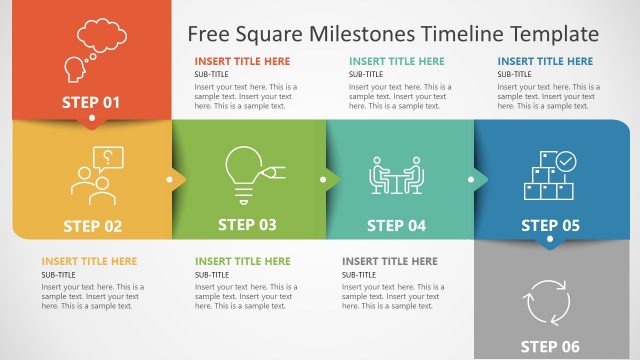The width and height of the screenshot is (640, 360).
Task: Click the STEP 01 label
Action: click(x=91, y=101)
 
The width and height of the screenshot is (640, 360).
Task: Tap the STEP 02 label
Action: click(x=92, y=226)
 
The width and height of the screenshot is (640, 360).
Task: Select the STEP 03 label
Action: click(x=247, y=225)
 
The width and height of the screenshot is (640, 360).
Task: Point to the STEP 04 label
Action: click(x=396, y=226)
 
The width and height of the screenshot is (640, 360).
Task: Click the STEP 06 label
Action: click(x=550, y=347)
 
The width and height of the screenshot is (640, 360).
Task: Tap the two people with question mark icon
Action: click(x=96, y=175)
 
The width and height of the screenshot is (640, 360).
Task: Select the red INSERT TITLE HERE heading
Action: click(x=242, y=61)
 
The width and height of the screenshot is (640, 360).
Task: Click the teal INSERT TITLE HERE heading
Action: click(x=396, y=61)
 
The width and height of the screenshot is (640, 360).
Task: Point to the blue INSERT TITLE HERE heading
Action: click(x=545, y=61)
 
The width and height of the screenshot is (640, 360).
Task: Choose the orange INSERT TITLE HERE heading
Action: click(x=89, y=261)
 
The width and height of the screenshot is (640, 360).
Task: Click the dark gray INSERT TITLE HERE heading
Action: click(x=389, y=261)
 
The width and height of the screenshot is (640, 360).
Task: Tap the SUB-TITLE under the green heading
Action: click(x=211, y=274)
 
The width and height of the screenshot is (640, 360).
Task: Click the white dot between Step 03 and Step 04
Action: click(x=323, y=181)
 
